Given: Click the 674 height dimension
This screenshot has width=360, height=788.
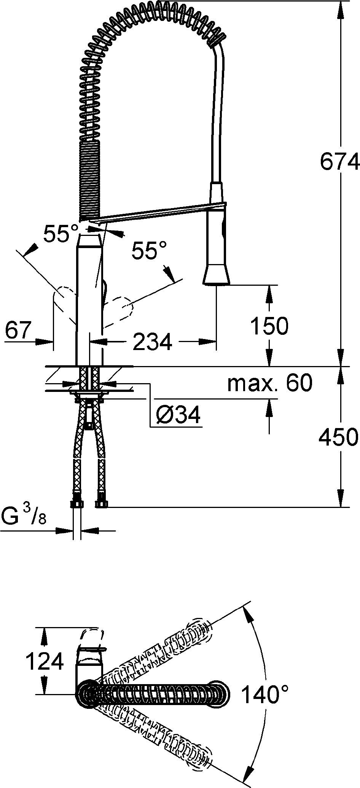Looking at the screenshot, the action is [339, 162].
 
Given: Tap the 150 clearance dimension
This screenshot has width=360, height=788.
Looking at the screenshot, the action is [270, 326].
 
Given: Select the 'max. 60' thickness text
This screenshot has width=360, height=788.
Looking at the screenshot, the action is [270, 383].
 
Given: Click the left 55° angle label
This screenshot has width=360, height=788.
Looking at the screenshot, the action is [61, 233].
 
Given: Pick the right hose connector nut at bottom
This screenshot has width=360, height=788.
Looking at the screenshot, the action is [101, 505].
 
